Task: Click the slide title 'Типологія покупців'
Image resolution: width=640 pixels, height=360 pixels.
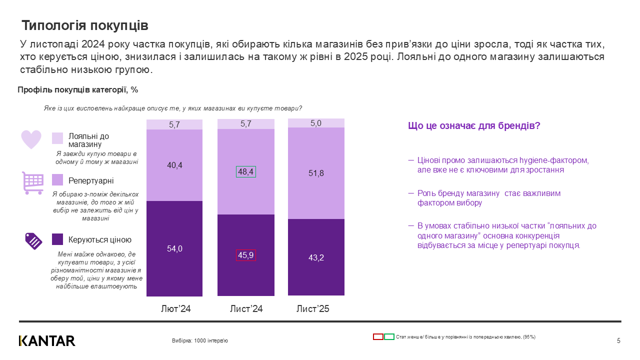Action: pos(84,25)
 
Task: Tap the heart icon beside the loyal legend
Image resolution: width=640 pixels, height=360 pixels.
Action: pos(31,139)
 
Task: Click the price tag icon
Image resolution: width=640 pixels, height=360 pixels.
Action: pos(33,241)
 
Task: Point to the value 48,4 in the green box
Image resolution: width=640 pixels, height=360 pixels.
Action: pos(245,171)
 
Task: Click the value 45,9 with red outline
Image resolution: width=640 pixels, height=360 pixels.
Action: pos(245,255)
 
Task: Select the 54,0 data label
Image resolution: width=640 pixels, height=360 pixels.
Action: pos(174,248)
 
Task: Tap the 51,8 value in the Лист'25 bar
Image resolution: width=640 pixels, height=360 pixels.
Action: pos(316,173)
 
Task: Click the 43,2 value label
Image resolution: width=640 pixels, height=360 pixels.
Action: pos(316,257)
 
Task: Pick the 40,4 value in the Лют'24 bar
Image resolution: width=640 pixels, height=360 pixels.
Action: pos(174,165)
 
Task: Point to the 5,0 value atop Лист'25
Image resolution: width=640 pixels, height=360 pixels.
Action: pos(316,123)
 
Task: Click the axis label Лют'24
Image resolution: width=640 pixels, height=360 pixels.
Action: pos(175,309)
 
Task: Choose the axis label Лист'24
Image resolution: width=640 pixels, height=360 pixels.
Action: pos(246,309)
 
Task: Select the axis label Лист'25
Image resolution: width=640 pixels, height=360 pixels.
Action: pos(313,309)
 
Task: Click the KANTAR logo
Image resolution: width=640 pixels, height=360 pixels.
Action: pos(47,341)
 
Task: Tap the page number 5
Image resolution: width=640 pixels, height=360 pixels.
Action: pos(618,341)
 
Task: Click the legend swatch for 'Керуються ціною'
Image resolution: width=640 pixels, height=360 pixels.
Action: pos(57,239)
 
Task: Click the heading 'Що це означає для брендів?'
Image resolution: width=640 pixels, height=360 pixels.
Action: pos(474,126)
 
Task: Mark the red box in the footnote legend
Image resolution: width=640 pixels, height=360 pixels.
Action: pos(378,337)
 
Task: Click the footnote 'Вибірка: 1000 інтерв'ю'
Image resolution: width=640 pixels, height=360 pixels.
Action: pos(200,341)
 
